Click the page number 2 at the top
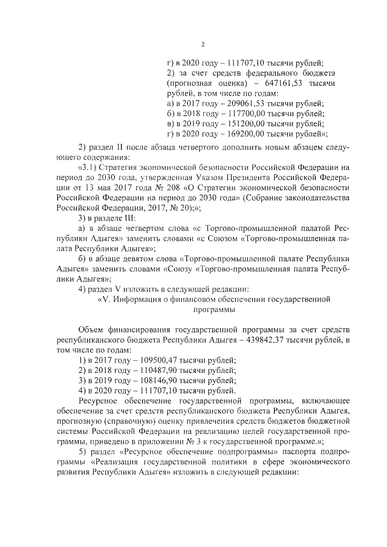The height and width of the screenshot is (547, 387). click(204, 45)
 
